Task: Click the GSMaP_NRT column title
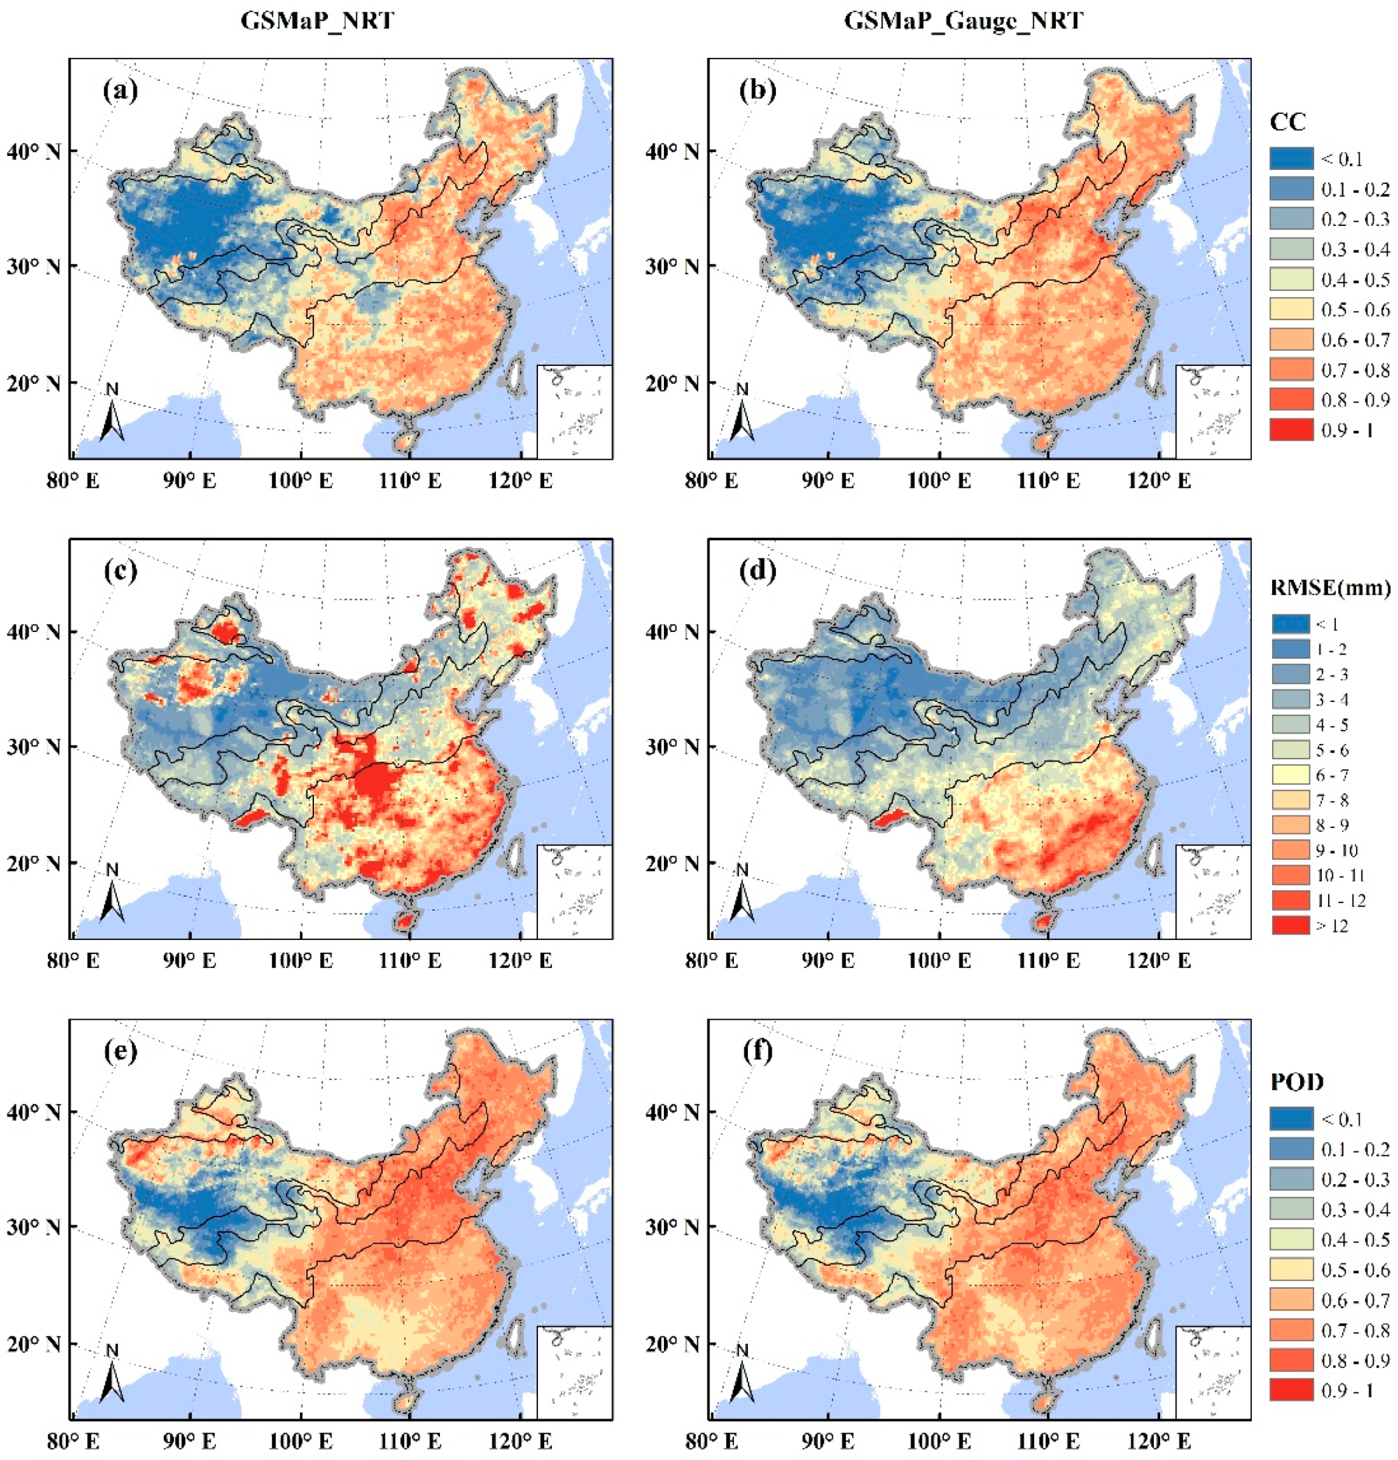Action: (317, 20)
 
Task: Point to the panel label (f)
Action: (757, 1051)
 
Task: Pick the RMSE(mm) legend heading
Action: (1329, 588)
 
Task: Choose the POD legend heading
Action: (1297, 1081)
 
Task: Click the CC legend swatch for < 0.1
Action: (1291, 159)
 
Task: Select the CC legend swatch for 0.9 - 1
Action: (1291, 430)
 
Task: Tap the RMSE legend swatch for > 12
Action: (1291, 925)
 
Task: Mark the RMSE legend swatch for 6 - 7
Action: (1291, 775)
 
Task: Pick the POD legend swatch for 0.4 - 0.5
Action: (1291, 1239)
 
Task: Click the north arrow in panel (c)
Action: (113, 897)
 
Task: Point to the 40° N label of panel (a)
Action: (33, 151)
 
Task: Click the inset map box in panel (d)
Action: (1212, 891)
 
